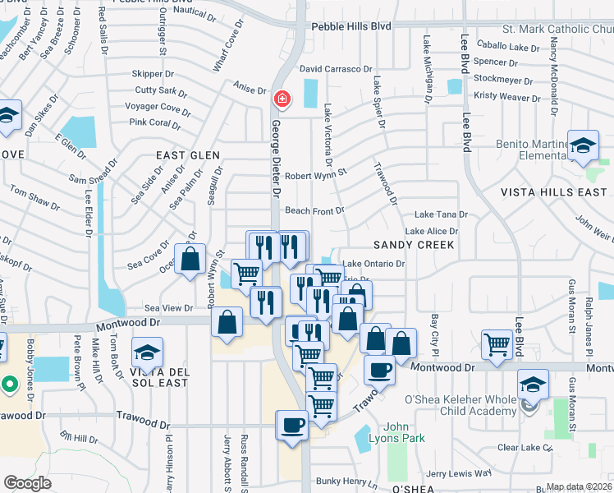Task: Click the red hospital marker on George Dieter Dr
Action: coord(282,99)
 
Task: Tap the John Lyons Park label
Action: coord(408,432)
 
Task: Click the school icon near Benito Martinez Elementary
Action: coord(583,145)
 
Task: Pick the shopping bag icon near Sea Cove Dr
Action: coord(190,259)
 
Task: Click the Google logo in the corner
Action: coord(27,483)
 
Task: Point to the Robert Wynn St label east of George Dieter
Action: coord(316,175)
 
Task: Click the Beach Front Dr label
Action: coord(314,211)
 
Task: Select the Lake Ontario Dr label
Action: coord(373,264)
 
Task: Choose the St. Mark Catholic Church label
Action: coord(557,29)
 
